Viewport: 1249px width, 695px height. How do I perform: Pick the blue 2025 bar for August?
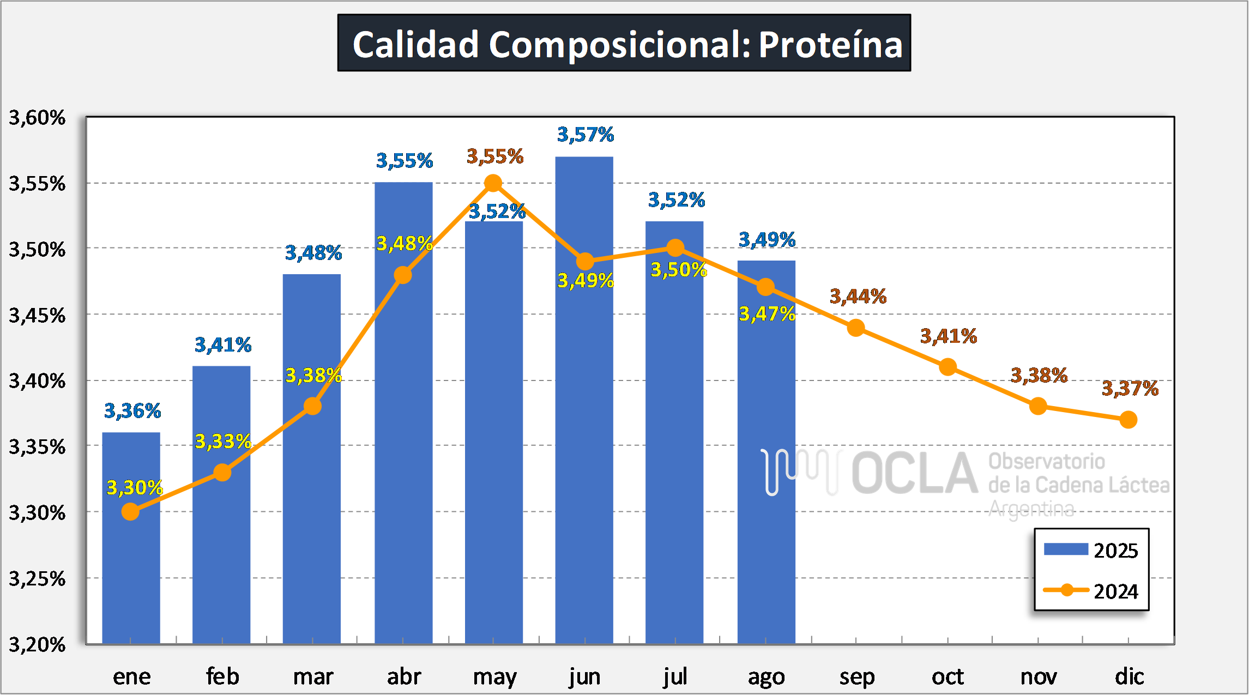click(766, 463)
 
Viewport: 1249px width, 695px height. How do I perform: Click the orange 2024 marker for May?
click(493, 183)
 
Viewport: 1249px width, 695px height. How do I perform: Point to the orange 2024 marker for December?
click(1128, 420)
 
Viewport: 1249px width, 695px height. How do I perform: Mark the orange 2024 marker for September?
click(856, 328)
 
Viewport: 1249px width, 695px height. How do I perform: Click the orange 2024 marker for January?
click(130, 511)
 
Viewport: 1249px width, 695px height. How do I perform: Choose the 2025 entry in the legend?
click(1090, 550)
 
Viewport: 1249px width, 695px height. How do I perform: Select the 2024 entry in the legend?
click(1090, 591)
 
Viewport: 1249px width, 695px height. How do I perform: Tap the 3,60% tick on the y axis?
click(37, 118)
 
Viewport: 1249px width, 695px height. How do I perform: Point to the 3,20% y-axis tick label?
click(37, 645)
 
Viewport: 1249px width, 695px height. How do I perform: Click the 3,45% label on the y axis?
click(37, 316)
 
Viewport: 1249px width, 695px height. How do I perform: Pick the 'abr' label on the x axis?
click(404, 677)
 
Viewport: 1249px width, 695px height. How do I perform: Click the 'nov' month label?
click(1039, 677)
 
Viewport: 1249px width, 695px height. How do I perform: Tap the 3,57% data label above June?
click(586, 134)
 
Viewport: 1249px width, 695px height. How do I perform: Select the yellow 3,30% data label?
click(135, 487)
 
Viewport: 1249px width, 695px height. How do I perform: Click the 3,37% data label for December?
click(1130, 389)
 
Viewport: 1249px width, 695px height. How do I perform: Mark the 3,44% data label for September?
click(858, 297)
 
